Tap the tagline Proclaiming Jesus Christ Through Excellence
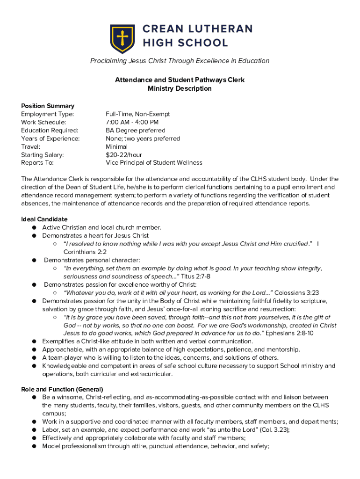(x=180, y=61)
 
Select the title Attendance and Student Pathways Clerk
(x=180, y=80)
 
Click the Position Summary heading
(x=48, y=106)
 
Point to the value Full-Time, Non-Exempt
(x=138, y=114)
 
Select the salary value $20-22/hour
(x=124, y=155)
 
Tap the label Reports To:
(x=37, y=163)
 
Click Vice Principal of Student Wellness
(x=154, y=163)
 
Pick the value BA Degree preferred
(x=136, y=131)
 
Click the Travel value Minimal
(x=117, y=146)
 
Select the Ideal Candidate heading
(x=44, y=219)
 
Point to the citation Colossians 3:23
(x=296, y=292)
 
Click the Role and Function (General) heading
(x=62, y=389)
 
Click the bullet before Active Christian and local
(x=35, y=228)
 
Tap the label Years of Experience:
(x=50, y=138)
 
